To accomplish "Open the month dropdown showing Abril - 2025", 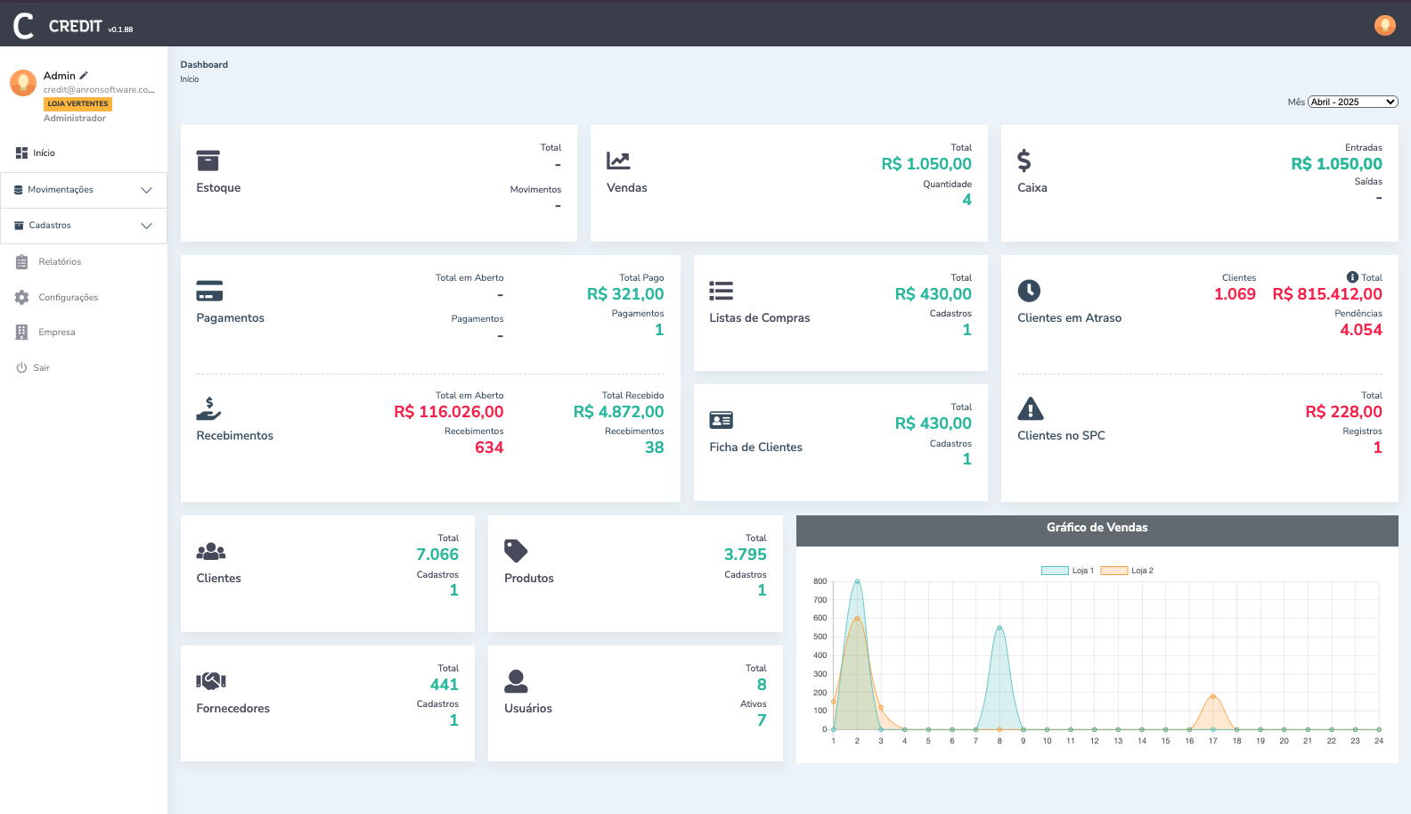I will coord(1352,102).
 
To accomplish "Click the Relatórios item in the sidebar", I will coord(60,262).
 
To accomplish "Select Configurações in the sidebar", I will coord(68,298).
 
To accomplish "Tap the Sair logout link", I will coord(41,368).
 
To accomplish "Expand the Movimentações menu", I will coord(84,190).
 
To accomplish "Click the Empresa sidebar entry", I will coord(56,333).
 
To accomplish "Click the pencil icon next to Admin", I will coord(84,76).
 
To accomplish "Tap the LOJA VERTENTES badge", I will coord(77,104).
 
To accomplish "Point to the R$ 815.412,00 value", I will coord(1327,294).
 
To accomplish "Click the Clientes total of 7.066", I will coord(437,555).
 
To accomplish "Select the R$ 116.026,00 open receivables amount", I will coord(449,412).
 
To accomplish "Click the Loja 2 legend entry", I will coord(1128,571).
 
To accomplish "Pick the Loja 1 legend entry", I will coord(1068,571).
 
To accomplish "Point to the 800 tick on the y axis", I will coord(820,581).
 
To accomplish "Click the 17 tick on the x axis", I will coord(1213,741).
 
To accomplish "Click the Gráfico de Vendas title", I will coord(1097,528).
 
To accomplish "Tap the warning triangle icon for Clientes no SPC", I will coord(1030,409).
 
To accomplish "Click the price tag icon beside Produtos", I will coord(516,551).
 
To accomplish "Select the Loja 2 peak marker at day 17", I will coord(1213,696).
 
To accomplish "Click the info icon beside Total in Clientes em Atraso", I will coord(1352,277).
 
